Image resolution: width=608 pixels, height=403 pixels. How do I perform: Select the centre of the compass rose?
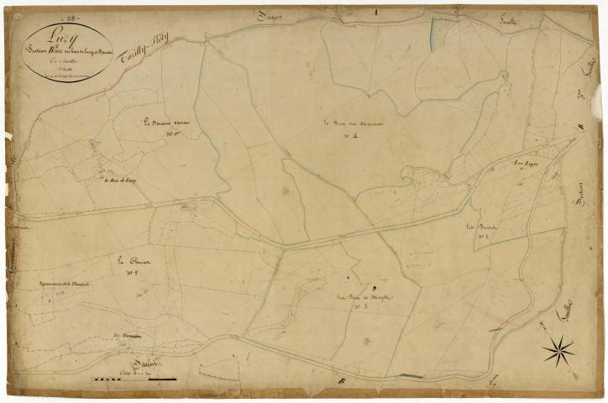(557, 351)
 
